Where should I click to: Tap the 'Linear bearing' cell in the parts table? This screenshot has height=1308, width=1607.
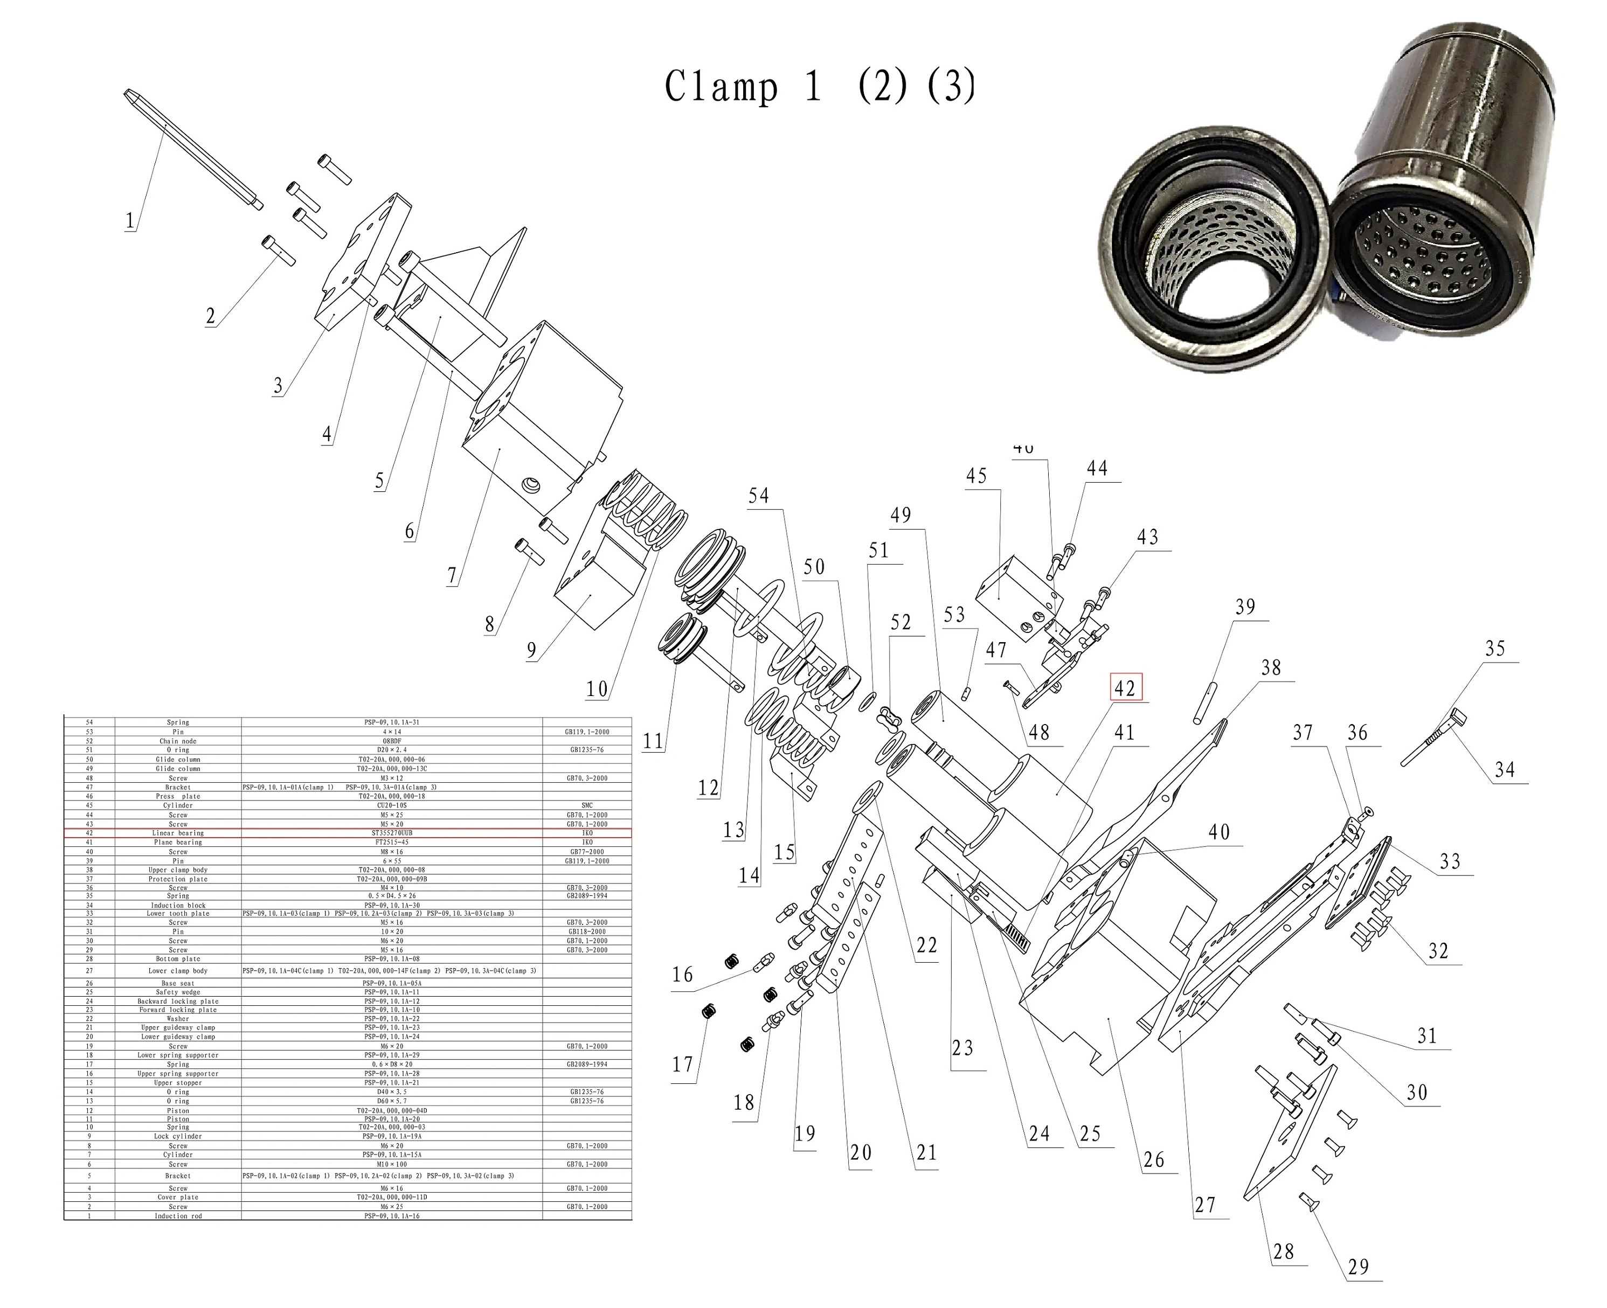pos(178,832)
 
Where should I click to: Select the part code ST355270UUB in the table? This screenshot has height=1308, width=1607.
pos(392,832)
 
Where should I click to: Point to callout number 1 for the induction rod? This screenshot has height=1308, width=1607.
pos(130,221)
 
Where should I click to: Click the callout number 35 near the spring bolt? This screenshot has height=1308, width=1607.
pos(1495,649)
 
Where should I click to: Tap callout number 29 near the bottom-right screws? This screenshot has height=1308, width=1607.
pos(1357,1267)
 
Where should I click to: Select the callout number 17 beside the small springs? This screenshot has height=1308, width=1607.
pos(682,1065)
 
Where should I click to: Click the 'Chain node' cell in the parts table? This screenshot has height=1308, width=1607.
pos(178,741)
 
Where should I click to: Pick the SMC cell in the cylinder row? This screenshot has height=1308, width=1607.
pos(587,805)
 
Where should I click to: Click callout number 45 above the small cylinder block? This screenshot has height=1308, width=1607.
pos(976,476)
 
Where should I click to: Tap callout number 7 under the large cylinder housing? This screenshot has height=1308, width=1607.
pos(452,576)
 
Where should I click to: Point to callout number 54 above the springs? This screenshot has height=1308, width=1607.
pos(758,495)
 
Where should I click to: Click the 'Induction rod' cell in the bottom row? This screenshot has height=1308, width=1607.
pos(178,1215)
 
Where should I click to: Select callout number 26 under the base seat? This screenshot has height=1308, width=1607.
pos(1154,1159)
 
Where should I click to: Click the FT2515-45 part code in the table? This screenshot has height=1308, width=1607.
pos(392,841)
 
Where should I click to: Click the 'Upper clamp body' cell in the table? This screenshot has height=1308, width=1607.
pos(178,869)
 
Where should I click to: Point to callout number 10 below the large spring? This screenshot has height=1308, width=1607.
pos(596,688)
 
